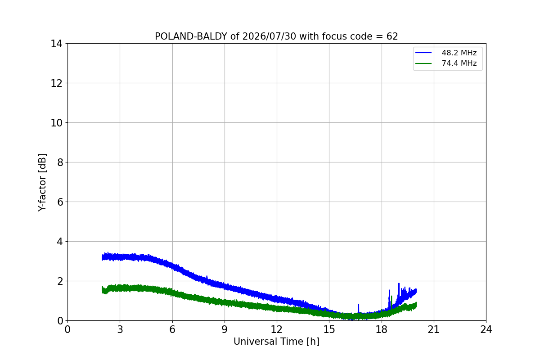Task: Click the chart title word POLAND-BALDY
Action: click(191, 36)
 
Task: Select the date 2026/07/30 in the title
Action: click(269, 36)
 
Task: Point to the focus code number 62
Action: click(392, 36)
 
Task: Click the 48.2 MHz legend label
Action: click(459, 53)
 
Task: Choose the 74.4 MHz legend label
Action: click(459, 63)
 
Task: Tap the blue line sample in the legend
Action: click(423, 53)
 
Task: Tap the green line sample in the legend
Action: click(423, 63)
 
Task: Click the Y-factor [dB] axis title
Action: click(42, 183)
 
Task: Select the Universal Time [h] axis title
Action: click(276, 342)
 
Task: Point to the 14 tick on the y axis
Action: click(56, 44)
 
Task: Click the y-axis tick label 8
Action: click(60, 162)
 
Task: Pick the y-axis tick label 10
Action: click(56, 123)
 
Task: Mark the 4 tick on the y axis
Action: click(60, 242)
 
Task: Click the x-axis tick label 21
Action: click(434, 329)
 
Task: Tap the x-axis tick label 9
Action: click(225, 329)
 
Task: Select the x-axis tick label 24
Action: click(486, 329)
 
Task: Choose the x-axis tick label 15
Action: click(329, 329)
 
